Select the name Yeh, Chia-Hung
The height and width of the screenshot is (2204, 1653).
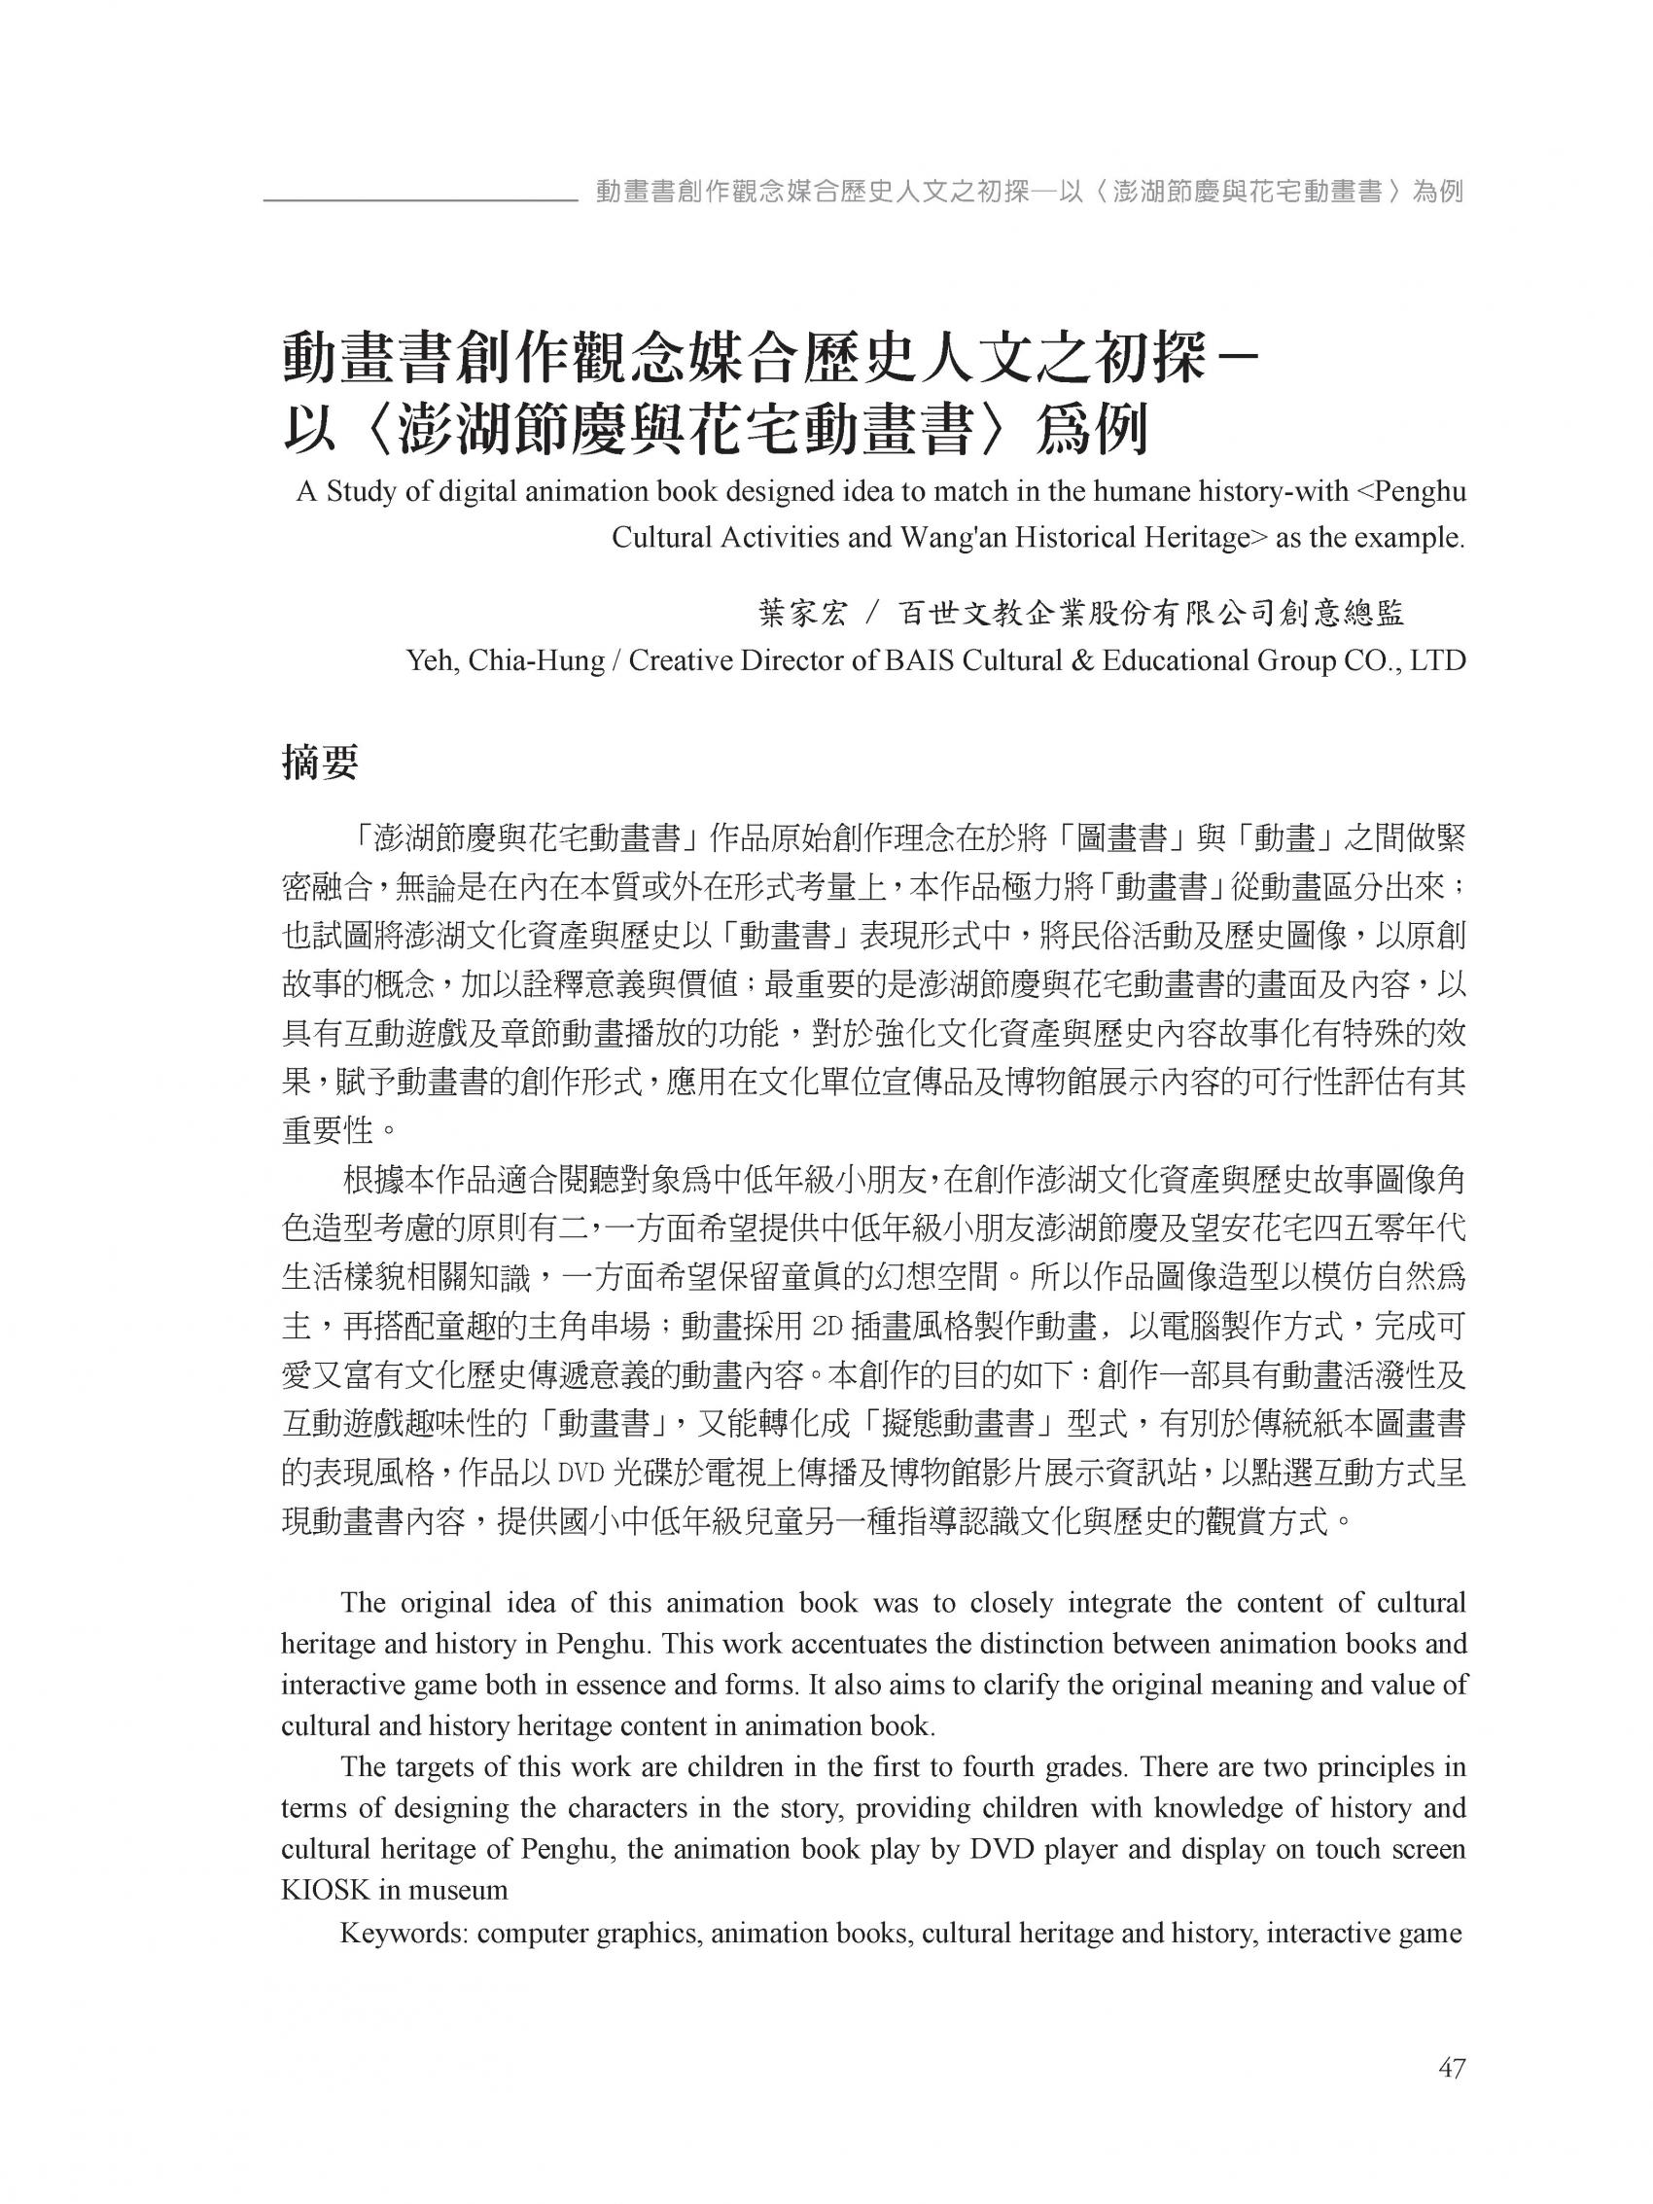coord(505,661)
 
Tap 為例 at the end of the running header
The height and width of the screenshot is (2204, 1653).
coord(1438,191)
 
